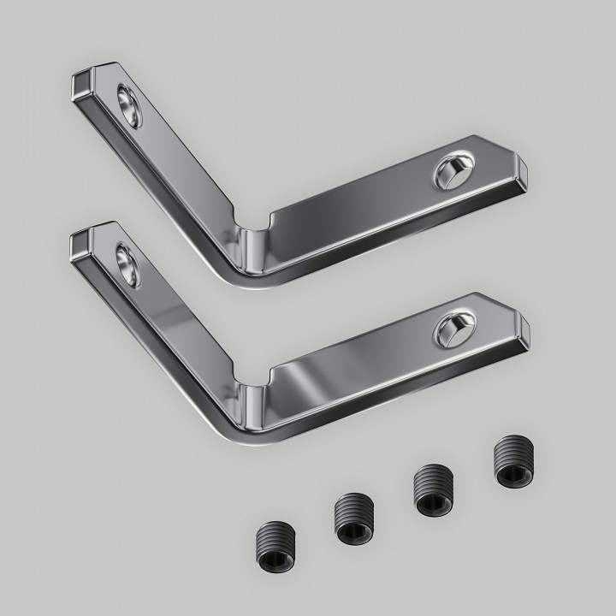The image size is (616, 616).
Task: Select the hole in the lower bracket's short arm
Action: [x=127, y=264]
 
